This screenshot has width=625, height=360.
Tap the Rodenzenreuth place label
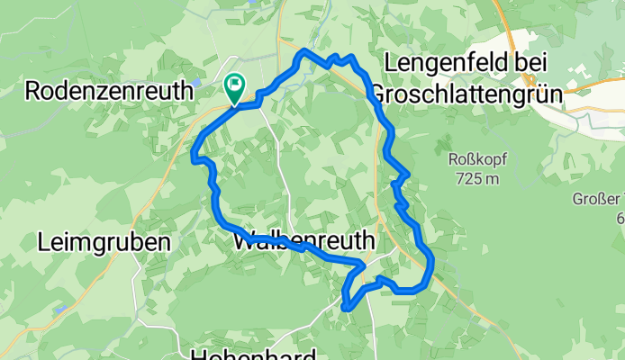coord(109,90)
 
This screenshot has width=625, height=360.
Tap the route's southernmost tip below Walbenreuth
coord(345,308)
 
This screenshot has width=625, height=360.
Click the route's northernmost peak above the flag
coord(304,51)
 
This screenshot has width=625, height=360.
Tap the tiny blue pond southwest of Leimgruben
coord(60,309)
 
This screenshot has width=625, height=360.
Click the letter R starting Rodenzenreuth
coord(33,90)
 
